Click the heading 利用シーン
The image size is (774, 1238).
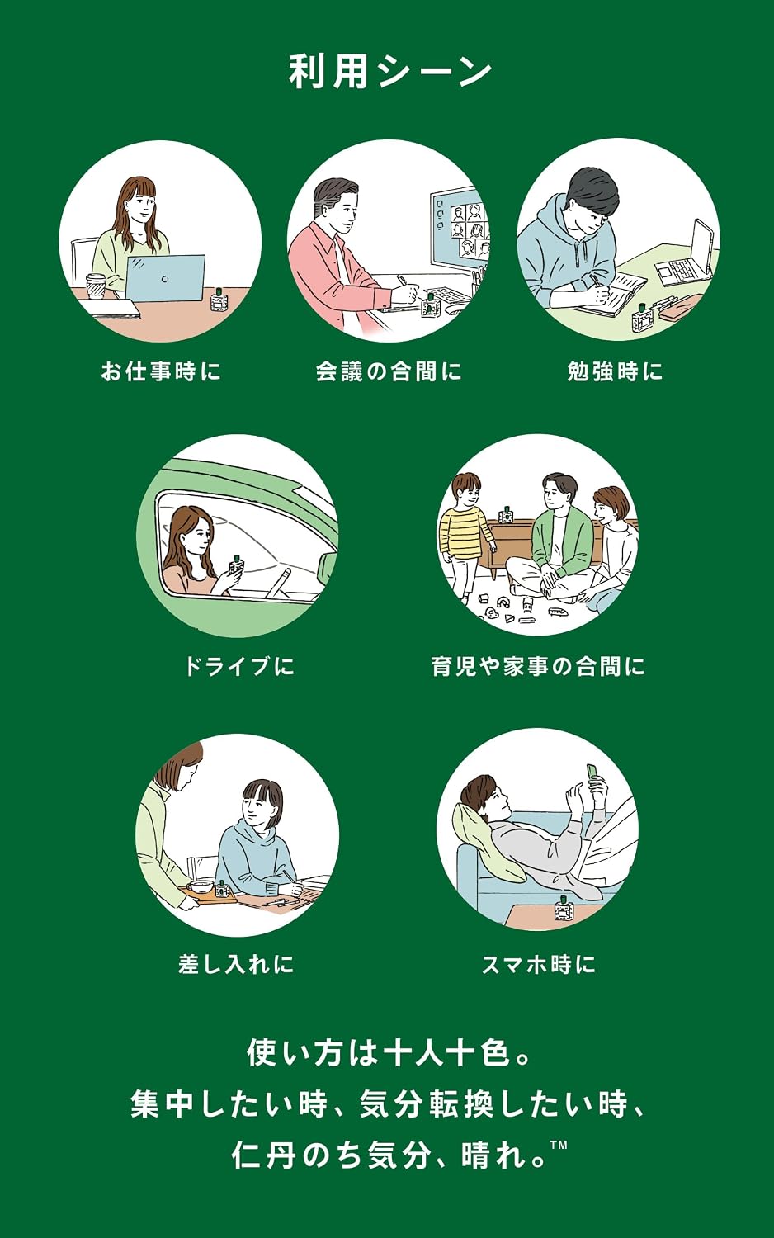(390, 73)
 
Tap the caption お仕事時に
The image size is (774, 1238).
(161, 371)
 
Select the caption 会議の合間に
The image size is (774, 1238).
(389, 371)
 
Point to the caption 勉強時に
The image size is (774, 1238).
(615, 371)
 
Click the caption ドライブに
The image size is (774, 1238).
(239, 666)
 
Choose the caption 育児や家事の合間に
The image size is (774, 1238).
(538, 666)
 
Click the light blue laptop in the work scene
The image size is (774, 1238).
(165, 278)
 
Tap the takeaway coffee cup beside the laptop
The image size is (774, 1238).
(96, 286)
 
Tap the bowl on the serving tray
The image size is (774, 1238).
(200, 886)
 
